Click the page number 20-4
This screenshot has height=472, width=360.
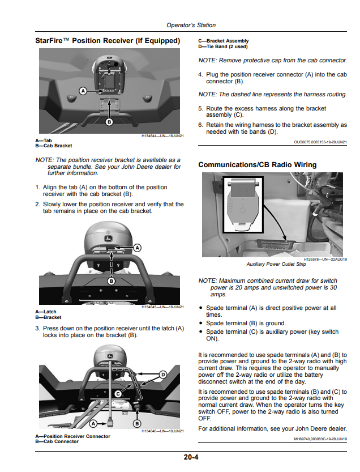tap(191, 457)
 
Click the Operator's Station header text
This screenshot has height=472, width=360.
tap(191, 25)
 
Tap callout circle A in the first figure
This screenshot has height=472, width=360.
tap(83, 91)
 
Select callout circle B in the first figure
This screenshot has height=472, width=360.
tap(109, 122)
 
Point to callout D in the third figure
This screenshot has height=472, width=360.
tap(163, 375)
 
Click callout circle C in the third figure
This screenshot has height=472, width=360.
tap(118, 394)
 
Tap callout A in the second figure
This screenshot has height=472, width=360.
tap(138, 248)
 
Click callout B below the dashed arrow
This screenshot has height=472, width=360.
tap(112, 281)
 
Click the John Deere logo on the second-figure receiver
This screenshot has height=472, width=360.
tap(108, 239)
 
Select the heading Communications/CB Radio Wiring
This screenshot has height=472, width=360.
tap(258, 165)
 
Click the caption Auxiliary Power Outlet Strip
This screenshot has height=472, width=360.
tap(276, 264)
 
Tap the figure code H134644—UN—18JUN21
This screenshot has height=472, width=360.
tap(162, 136)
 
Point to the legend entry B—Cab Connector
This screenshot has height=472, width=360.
tap(57, 441)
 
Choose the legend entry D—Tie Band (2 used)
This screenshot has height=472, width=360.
tap(223, 46)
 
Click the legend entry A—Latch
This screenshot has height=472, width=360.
tap(46, 312)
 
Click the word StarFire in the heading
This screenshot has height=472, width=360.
tap(49, 41)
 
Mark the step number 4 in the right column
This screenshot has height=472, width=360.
tap(200, 74)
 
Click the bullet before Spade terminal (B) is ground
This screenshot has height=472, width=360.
tap(200, 324)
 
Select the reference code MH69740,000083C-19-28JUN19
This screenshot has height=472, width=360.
tap(320, 439)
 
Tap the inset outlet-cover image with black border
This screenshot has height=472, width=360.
tap(243, 205)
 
